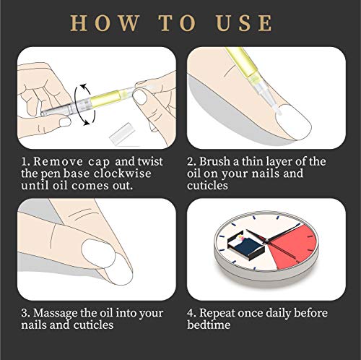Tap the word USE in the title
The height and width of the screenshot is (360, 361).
click(245, 23)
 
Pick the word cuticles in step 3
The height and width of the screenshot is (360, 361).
click(99, 326)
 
